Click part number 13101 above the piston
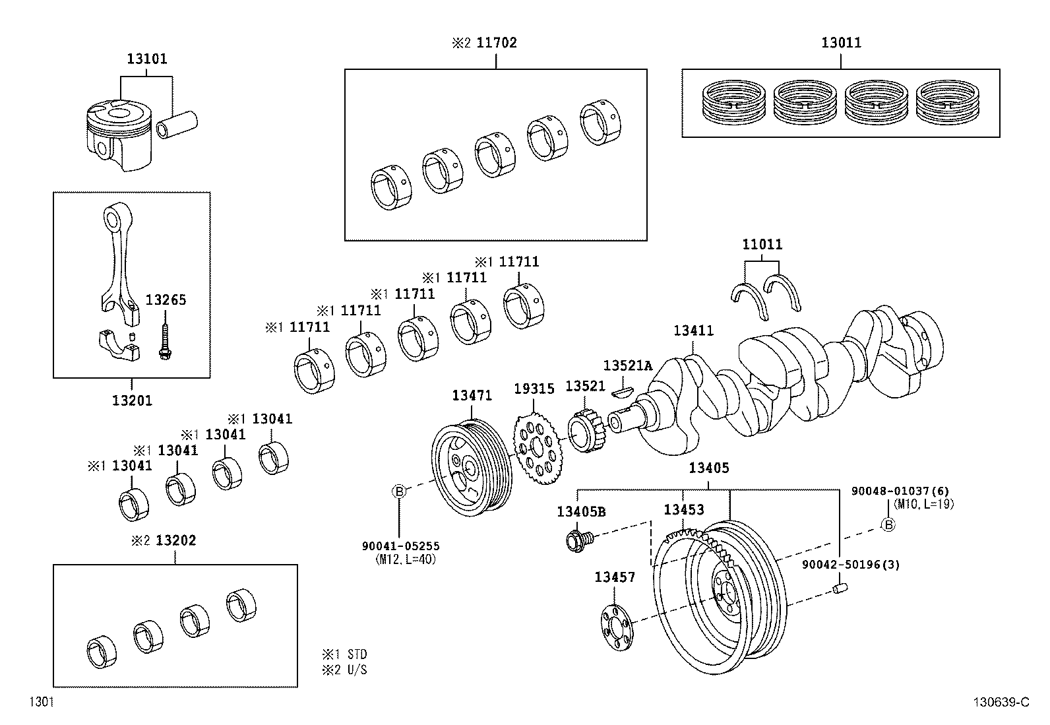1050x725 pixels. pyautogui.click(x=146, y=59)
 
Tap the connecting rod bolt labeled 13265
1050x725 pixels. pyautogui.click(x=162, y=340)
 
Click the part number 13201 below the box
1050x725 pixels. pyautogui.click(x=131, y=400)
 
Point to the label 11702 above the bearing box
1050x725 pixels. pyautogui.click(x=497, y=43)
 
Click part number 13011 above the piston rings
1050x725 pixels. pyautogui.click(x=841, y=43)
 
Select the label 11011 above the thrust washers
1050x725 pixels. pyautogui.click(x=762, y=245)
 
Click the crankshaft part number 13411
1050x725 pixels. pyautogui.click(x=693, y=331)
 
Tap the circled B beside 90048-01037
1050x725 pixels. pyautogui.click(x=888, y=525)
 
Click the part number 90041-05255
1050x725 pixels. pyautogui.click(x=400, y=546)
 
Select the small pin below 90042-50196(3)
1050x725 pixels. pyautogui.click(x=840, y=588)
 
